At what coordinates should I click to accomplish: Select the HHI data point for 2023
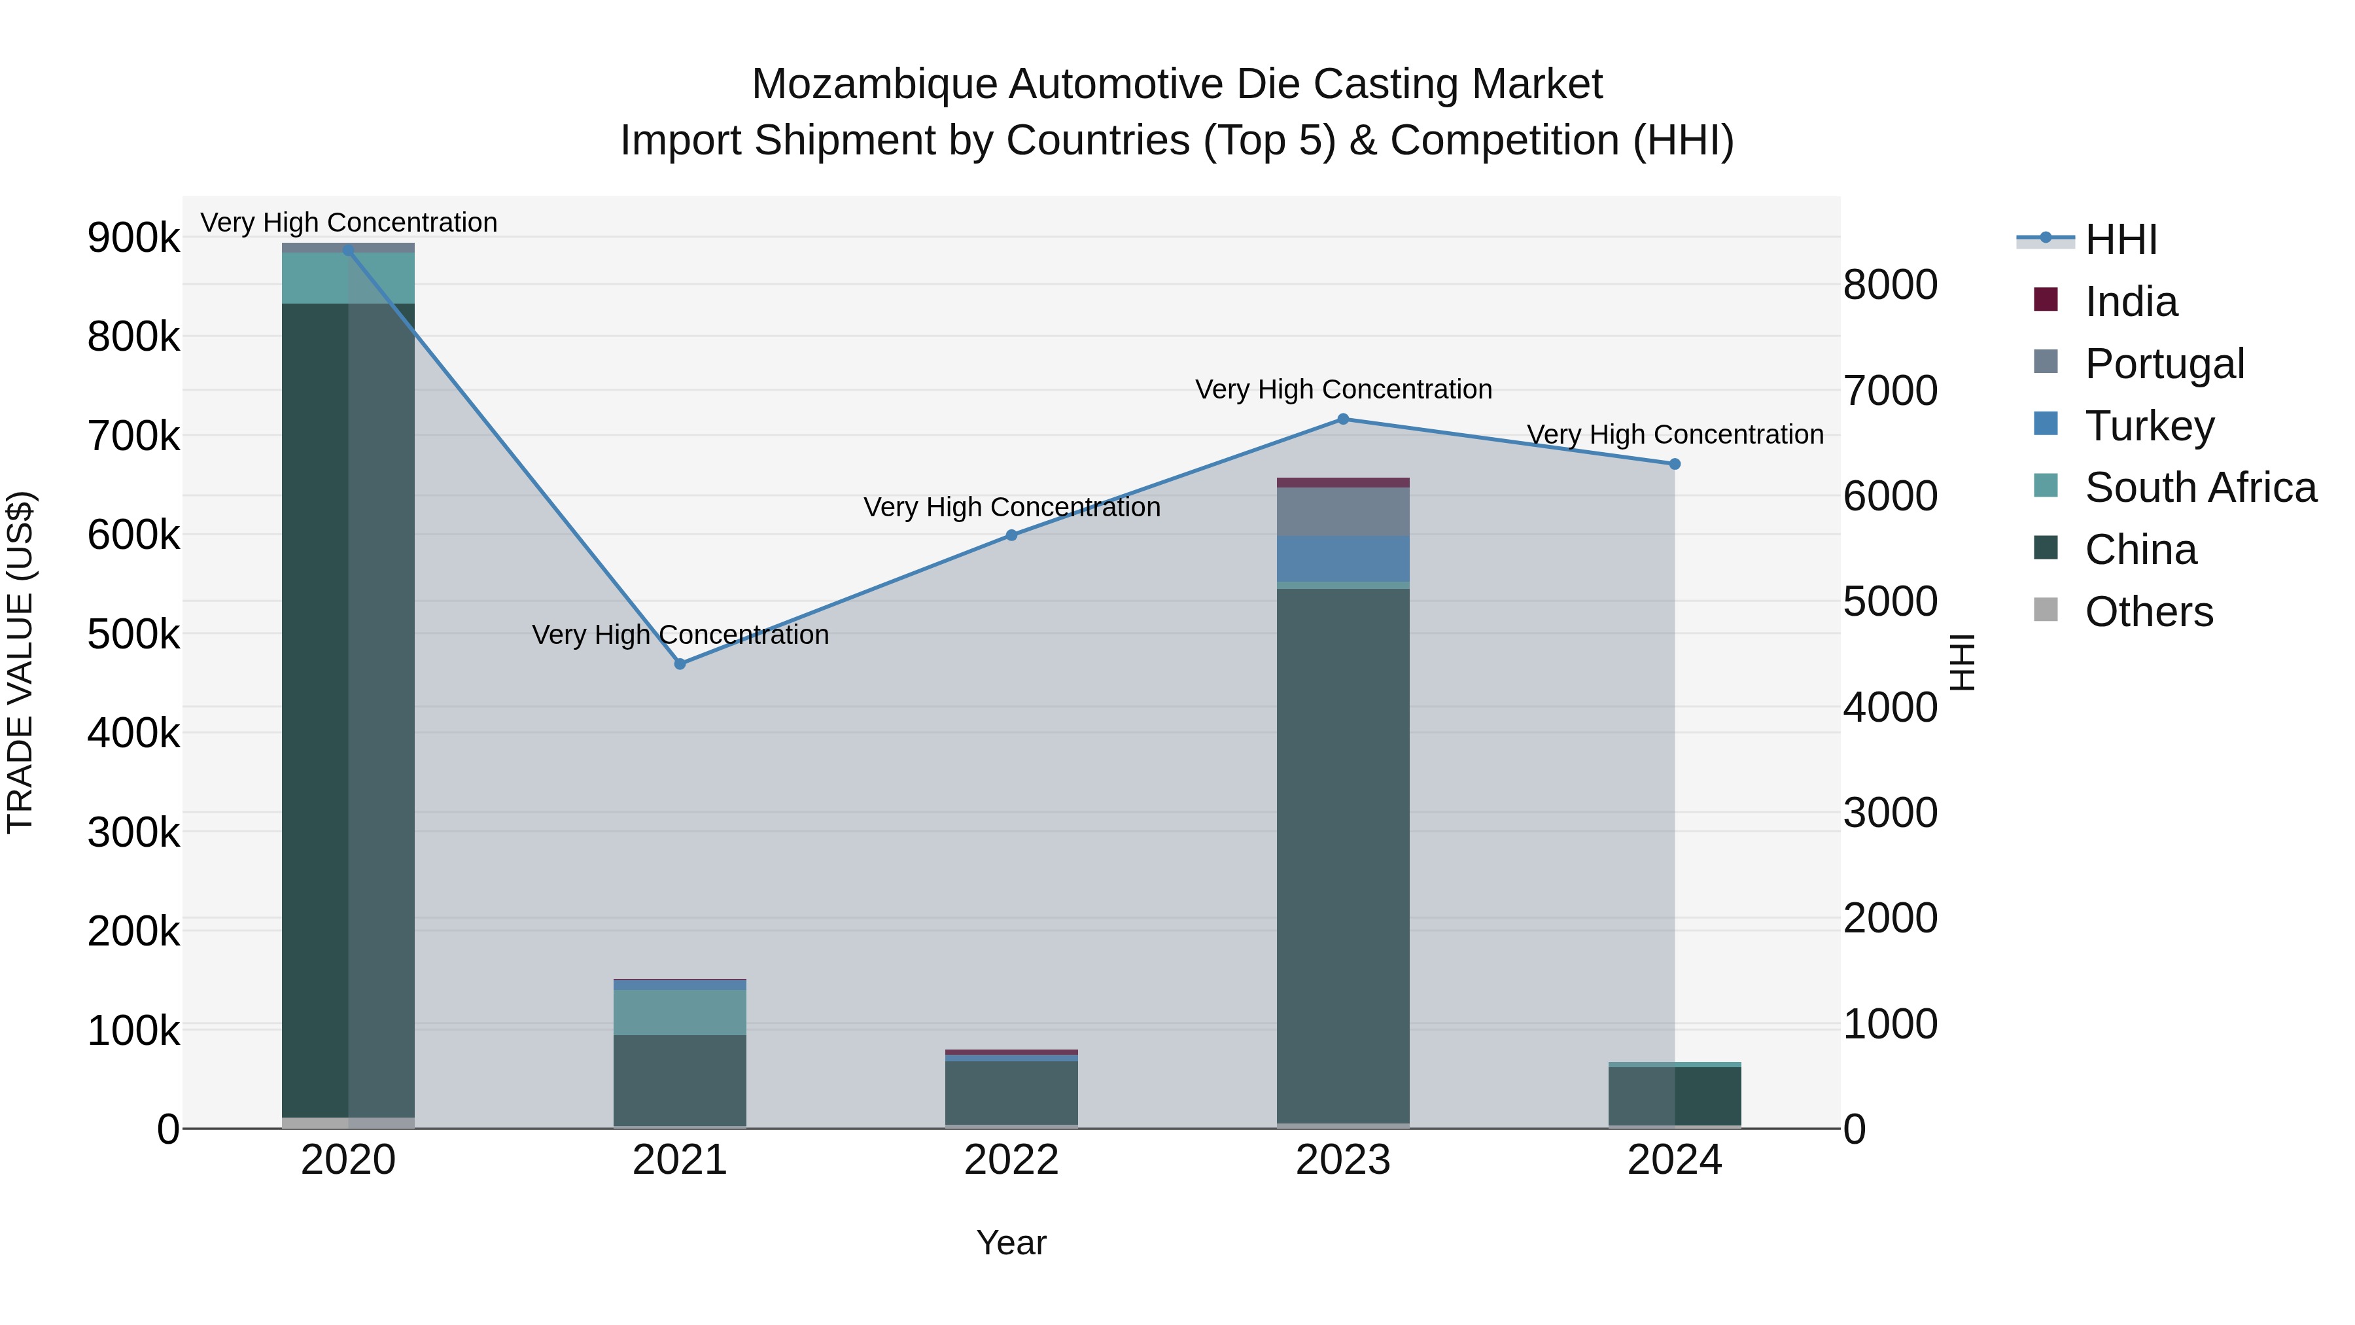[1343, 419]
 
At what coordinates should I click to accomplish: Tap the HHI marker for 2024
[1675, 465]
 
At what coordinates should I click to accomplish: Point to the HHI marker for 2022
[1011, 536]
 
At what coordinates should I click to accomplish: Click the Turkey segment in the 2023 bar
[1343, 559]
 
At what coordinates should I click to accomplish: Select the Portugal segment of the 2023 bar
[1343, 511]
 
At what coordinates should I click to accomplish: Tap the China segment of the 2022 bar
[1011, 1093]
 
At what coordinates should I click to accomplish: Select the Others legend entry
[2148, 612]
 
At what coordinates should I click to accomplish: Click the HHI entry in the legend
[2121, 239]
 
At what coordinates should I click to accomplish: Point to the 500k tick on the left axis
[133, 633]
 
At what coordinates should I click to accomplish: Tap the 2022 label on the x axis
[1011, 1160]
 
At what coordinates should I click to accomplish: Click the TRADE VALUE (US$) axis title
[20, 662]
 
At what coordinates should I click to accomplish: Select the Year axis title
[1011, 1243]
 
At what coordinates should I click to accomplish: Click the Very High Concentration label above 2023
[1343, 389]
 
